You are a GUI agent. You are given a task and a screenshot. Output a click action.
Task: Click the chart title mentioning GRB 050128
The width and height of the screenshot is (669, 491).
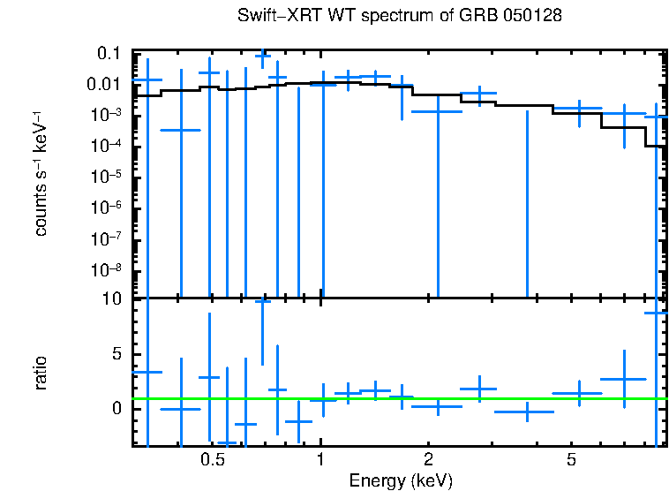[x=400, y=16]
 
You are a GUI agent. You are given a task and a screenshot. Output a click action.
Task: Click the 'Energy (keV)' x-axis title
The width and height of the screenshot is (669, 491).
[x=400, y=480]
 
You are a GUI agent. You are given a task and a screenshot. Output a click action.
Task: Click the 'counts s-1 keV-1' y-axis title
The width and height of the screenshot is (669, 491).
[x=41, y=174]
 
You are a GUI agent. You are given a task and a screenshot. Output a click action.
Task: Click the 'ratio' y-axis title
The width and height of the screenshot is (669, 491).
[x=41, y=373]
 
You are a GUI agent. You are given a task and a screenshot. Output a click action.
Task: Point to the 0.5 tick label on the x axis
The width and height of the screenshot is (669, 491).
[x=212, y=460]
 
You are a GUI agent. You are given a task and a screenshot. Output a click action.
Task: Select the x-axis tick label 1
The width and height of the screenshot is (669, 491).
[x=320, y=460]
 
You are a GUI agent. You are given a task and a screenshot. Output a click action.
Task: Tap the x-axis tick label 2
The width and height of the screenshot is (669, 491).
[x=427, y=460]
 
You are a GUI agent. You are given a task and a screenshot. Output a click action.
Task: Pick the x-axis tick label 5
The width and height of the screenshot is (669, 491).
[x=571, y=460]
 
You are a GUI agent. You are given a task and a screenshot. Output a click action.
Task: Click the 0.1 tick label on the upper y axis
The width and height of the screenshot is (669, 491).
[x=109, y=53]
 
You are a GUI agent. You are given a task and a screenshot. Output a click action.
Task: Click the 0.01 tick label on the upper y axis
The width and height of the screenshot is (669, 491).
[x=103, y=84]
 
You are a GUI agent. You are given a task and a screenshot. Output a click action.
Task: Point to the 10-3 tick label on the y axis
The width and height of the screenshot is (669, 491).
[x=106, y=115]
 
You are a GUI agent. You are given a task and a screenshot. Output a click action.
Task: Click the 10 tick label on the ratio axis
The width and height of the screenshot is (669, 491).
[x=112, y=300]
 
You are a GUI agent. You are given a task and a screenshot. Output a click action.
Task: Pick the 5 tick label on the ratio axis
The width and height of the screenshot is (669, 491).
[x=117, y=354]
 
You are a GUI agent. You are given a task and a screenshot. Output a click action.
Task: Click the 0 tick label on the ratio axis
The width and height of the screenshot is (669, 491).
[x=117, y=408]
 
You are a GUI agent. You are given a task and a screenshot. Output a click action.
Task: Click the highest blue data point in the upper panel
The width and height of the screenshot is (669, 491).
[x=262, y=56]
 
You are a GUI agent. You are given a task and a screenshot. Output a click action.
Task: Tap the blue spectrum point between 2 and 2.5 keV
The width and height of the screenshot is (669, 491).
[x=437, y=111]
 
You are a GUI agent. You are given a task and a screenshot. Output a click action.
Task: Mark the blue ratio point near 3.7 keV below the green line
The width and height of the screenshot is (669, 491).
[x=527, y=412]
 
